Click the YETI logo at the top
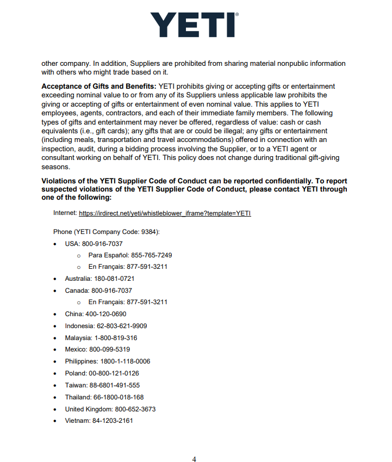(194, 24)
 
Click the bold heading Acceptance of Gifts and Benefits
(98, 87)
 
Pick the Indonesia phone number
(122, 326)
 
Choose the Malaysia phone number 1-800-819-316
(116, 338)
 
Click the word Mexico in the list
(76, 349)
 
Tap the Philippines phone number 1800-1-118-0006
(125, 361)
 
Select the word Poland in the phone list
(76, 373)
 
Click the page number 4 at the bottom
(194, 459)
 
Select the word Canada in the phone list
(76, 291)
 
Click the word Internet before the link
(65, 214)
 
